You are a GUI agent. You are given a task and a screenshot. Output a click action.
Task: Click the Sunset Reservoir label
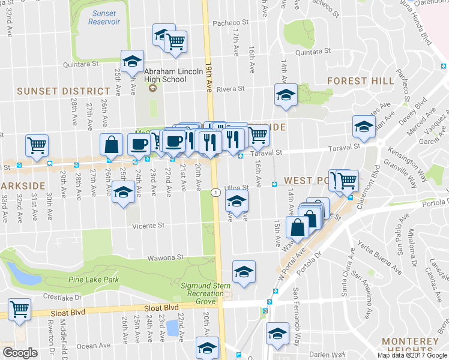click(x=104, y=17)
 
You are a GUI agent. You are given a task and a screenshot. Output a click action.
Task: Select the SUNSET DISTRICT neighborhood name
click(x=63, y=91)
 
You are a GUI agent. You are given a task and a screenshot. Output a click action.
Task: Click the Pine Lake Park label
click(x=93, y=280)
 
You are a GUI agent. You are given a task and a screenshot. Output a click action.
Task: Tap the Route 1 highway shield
click(x=214, y=192)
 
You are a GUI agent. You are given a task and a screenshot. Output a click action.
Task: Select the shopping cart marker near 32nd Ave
click(x=37, y=145)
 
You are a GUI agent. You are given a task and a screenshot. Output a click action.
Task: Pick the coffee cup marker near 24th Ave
click(x=139, y=144)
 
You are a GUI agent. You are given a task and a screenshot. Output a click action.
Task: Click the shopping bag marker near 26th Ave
click(x=112, y=144)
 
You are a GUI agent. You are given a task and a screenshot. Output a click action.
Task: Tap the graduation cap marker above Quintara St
click(x=132, y=61)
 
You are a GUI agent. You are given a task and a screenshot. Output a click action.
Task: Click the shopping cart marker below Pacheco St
click(x=175, y=41)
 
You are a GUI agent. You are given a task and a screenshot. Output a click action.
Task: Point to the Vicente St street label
click(x=148, y=226)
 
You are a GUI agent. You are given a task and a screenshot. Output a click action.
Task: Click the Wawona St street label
click(x=166, y=257)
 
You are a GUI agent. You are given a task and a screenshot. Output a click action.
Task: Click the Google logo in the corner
click(x=20, y=353)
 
